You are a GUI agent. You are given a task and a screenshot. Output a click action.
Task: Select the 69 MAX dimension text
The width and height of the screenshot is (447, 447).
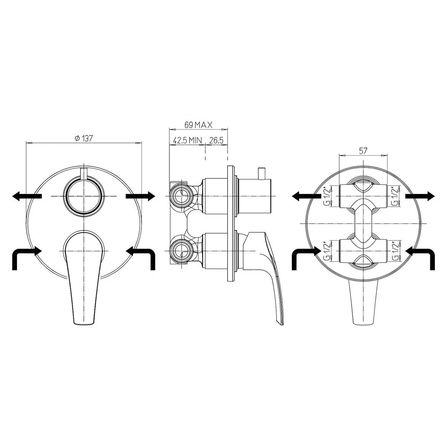tap(198, 125)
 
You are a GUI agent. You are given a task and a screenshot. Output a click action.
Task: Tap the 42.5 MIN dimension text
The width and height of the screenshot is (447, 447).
tap(187, 140)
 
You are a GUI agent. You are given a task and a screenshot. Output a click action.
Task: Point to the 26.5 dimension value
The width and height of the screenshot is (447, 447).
tap(216, 140)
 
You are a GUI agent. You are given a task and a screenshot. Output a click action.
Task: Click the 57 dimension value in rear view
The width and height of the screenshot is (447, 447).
tap(363, 151)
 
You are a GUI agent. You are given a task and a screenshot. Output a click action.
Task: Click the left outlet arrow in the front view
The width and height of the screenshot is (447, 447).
tap(27, 196)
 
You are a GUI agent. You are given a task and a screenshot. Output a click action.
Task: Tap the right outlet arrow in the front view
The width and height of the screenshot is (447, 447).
tap(140, 196)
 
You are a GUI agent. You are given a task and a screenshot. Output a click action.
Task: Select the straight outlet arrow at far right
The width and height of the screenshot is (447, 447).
tap(420, 196)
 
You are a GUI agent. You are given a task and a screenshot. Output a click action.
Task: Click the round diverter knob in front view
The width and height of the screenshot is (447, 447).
tap(84, 196)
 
